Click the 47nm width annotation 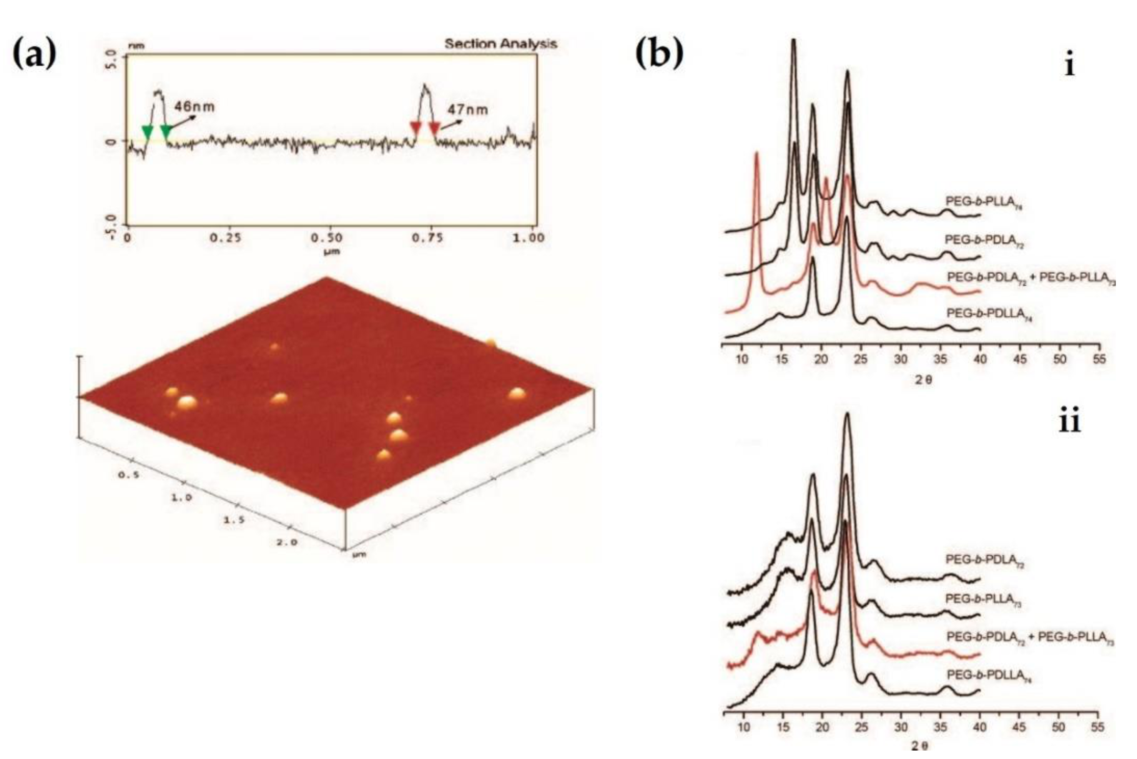click(x=467, y=110)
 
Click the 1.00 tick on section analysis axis click(x=529, y=238)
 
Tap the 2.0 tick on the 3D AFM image click(x=287, y=542)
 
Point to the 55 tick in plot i click(x=1099, y=360)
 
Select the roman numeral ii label click(x=1069, y=422)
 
